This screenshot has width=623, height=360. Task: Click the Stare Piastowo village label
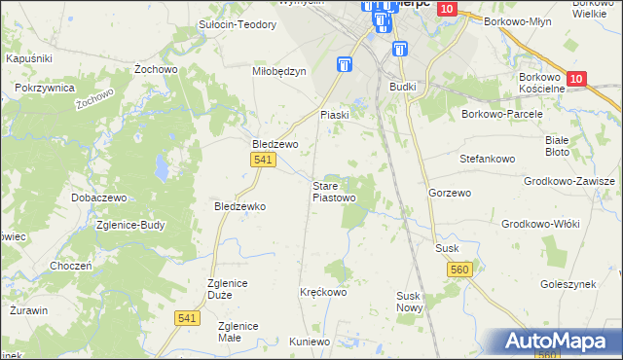(x=333, y=192)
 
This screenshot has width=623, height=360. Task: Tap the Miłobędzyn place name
(x=279, y=71)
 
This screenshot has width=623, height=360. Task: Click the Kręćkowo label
(x=323, y=292)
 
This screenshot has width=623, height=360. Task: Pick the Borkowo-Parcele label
(x=501, y=114)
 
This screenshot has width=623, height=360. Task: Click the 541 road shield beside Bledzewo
(x=261, y=161)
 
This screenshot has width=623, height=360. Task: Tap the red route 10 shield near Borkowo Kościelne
(x=576, y=79)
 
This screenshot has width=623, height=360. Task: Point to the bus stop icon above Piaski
(x=344, y=65)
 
